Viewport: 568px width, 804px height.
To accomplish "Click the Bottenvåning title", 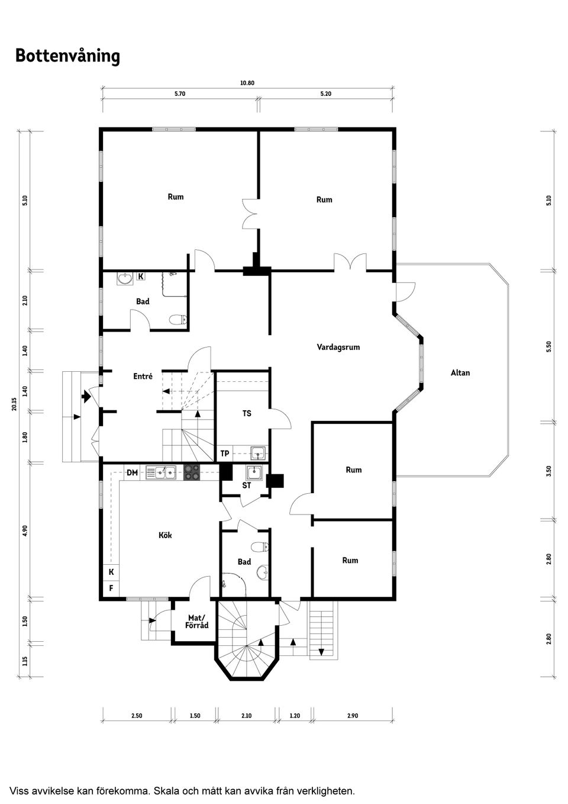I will pos(67,56).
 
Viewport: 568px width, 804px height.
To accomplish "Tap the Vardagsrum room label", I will pos(338,348).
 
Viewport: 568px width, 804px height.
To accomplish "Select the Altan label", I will pos(460,373).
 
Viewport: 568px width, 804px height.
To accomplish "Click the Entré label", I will pos(143,377).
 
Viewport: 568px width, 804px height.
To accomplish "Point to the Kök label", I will pos(165,535).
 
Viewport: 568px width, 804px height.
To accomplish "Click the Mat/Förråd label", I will pos(196,622).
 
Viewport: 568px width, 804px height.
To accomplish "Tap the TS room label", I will pos(247,413).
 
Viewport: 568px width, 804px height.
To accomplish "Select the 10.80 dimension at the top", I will pos(247,83).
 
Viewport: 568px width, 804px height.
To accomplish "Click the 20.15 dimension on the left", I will pos(13,404).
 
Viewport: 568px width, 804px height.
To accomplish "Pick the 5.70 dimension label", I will pos(180,94).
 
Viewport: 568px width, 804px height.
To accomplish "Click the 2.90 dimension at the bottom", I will pos(352,716).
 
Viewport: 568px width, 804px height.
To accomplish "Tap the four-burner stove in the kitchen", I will pos(192,472).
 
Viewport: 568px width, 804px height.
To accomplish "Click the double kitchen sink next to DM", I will pos(161,472).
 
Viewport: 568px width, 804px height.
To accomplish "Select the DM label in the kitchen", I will pos(132,472).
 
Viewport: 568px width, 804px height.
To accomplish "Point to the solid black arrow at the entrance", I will pos(86,397).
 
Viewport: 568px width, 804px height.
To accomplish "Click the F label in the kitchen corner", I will pos(111,588).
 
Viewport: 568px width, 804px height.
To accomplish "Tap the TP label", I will pos(225,454).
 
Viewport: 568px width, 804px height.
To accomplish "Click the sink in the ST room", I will pos(254,472).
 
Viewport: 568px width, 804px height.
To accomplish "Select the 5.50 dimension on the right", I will pos(548,347).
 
